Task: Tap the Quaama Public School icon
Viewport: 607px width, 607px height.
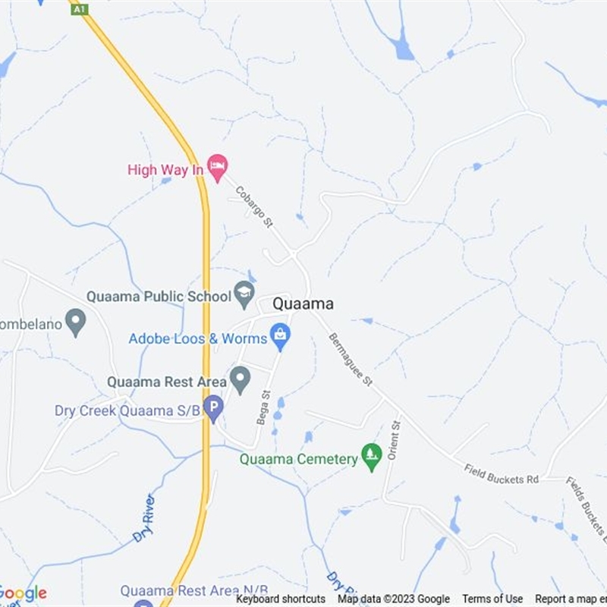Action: (x=244, y=294)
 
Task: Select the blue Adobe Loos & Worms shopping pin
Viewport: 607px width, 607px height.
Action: (x=280, y=335)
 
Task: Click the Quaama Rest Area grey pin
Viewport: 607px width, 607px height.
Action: (x=241, y=379)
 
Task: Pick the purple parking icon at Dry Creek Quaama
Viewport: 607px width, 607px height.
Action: (x=214, y=409)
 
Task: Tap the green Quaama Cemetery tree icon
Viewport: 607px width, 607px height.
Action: (x=371, y=456)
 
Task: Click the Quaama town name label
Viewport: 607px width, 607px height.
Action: (x=303, y=303)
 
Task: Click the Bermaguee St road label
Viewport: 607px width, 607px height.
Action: (x=351, y=360)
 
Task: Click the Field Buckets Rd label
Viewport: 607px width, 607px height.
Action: (x=502, y=474)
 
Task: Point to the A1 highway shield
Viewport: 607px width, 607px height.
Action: (x=80, y=9)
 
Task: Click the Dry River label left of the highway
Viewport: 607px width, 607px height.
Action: (x=143, y=517)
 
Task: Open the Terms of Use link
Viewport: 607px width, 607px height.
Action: (x=492, y=599)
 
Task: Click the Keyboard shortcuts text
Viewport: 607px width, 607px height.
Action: (x=281, y=599)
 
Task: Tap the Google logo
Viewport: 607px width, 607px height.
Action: (x=23, y=593)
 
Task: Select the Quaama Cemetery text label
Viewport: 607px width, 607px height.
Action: (x=299, y=459)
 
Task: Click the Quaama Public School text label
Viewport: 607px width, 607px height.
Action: (x=159, y=296)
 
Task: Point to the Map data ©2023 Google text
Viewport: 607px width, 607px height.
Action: (x=394, y=599)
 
